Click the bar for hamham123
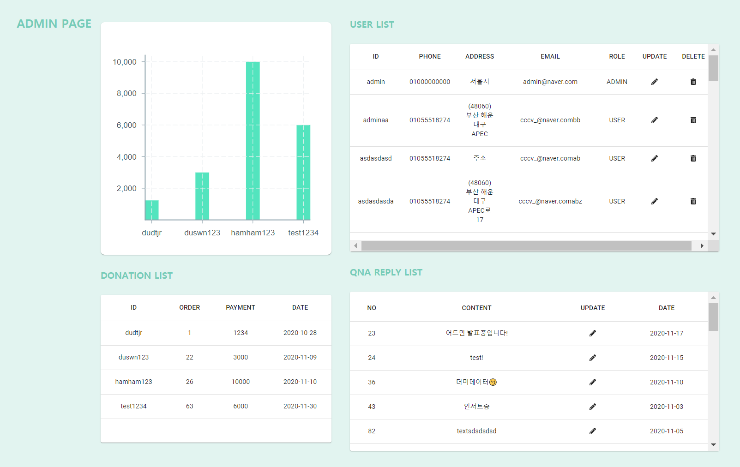point(253,141)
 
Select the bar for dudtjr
point(152,210)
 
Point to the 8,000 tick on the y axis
point(126,94)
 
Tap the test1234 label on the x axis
point(303,233)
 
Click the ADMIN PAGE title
point(54,24)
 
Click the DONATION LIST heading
point(137,275)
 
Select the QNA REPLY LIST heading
point(386,272)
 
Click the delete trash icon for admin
point(693,82)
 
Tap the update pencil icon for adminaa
point(654,120)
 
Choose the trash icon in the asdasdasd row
point(693,158)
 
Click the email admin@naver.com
point(550,82)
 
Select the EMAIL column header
point(550,56)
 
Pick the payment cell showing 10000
point(241,382)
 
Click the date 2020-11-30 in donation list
point(300,406)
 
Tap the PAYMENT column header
point(241,307)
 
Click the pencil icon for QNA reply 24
point(592,358)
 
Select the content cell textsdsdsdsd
point(476,431)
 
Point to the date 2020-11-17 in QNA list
point(666,333)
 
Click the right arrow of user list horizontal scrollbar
point(702,245)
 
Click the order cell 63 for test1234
point(189,406)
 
